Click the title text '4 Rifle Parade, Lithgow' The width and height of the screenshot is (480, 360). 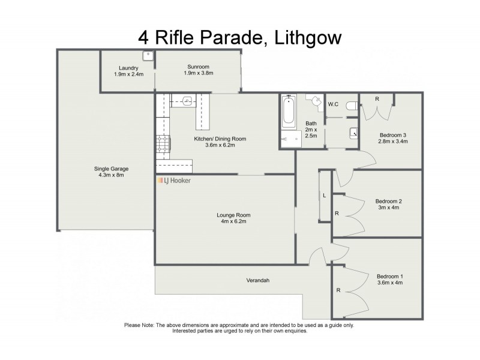pyautogui.click(x=240, y=38)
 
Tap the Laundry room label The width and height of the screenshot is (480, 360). pyautogui.click(x=128, y=68)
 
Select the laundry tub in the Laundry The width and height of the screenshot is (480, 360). pyautogui.click(x=148, y=55)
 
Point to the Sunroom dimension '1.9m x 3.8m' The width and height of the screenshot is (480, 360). pyautogui.click(x=199, y=73)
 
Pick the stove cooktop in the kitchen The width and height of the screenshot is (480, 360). pyautogui.click(x=163, y=143)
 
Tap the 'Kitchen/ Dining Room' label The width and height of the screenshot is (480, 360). pyautogui.click(x=220, y=139)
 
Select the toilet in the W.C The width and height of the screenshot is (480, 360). pyautogui.click(x=352, y=106)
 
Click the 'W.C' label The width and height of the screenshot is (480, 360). pyautogui.click(x=334, y=104)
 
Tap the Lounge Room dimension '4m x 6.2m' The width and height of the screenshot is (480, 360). pyautogui.click(x=233, y=221)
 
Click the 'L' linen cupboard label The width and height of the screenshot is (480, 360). pyautogui.click(x=324, y=196)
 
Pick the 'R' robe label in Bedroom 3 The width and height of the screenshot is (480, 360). pyautogui.click(x=376, y=98)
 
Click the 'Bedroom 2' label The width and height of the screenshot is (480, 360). pyautogui.click(x=388, y=201)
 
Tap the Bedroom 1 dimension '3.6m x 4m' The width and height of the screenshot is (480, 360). pyautogui.click(x=389, y=282)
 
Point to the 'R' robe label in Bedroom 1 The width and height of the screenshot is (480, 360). pyautogui.click(x=338, y=290)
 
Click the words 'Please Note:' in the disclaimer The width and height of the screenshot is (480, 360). pyautogui.click(x=140, y=325)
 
